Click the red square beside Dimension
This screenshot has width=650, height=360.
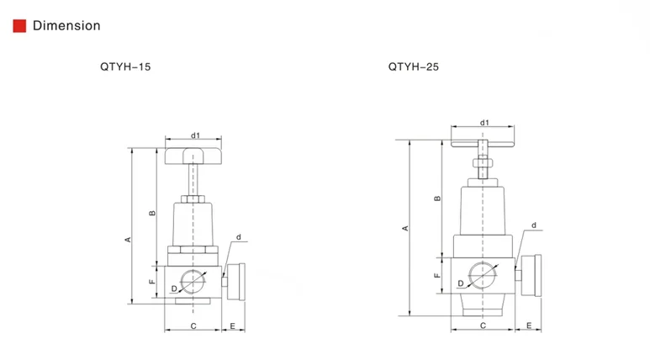[x=19, y=26]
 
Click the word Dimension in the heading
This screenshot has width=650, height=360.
[x=66, y=26]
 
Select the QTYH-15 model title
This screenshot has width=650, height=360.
[x=125, y=66]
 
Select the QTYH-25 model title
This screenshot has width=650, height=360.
[x=414, y=66]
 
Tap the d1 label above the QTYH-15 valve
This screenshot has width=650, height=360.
[x=195, y=135]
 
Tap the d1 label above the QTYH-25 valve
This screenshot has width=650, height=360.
[x=484, y=123]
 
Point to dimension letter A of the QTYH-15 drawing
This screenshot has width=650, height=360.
[x=128, y=240]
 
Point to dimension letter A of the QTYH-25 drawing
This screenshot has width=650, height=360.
[x=405, y=228]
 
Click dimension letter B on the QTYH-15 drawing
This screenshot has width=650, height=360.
[x=152, y=213]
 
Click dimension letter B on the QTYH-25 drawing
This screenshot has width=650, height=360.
[x=438, y=199]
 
